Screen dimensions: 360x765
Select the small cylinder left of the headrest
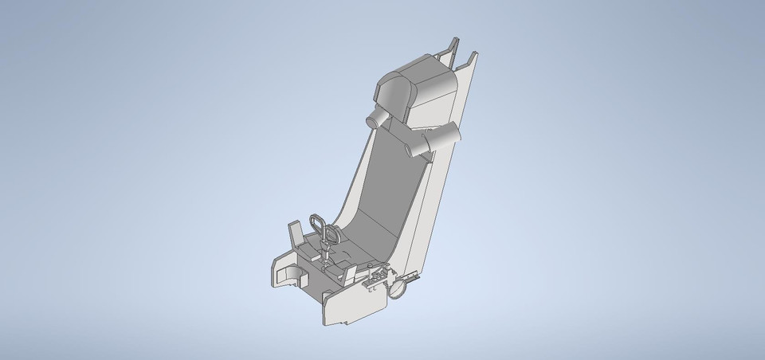pyautogui.click(x=375, y=119)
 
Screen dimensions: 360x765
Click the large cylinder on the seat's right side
pyautogui.click(x=443, y=136)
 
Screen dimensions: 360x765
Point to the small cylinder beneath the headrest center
pyautogui.click(x=411, y=144)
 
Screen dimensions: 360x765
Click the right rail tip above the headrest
pyautogui.click(x=472, y=57)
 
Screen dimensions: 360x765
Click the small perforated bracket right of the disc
pyautogui.click(x=413, y=276)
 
